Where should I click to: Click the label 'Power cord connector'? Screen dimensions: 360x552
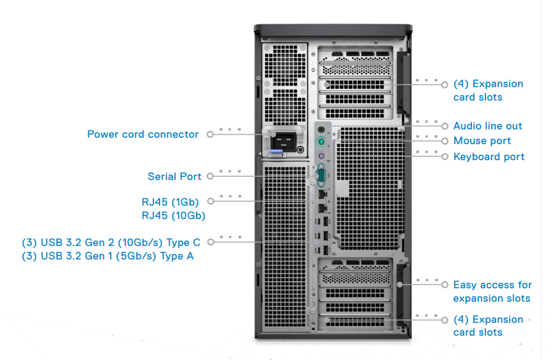point(143,135)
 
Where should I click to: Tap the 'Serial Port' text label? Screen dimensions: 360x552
point(174,177)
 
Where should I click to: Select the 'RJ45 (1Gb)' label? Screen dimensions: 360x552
point(170,202)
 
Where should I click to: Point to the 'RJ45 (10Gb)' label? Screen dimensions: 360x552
point(174,216)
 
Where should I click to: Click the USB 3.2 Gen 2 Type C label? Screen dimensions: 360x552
point(111,242)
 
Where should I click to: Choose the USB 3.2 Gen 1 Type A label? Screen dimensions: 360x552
point(108,256)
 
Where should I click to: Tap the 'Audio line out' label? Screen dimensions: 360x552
point(487,126)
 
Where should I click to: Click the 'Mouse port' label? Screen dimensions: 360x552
point(482,141)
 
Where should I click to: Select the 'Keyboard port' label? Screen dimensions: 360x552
point(489,157)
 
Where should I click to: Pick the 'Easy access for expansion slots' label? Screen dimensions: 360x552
point(492,291)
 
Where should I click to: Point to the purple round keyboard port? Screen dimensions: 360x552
point(322,157)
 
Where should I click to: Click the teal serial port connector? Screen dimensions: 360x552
point(321,175)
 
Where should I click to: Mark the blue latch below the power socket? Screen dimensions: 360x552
point(275,153)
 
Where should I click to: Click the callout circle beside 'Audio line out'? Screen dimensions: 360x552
point(445,126)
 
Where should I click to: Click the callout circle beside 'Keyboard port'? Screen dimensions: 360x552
point(445,156)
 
